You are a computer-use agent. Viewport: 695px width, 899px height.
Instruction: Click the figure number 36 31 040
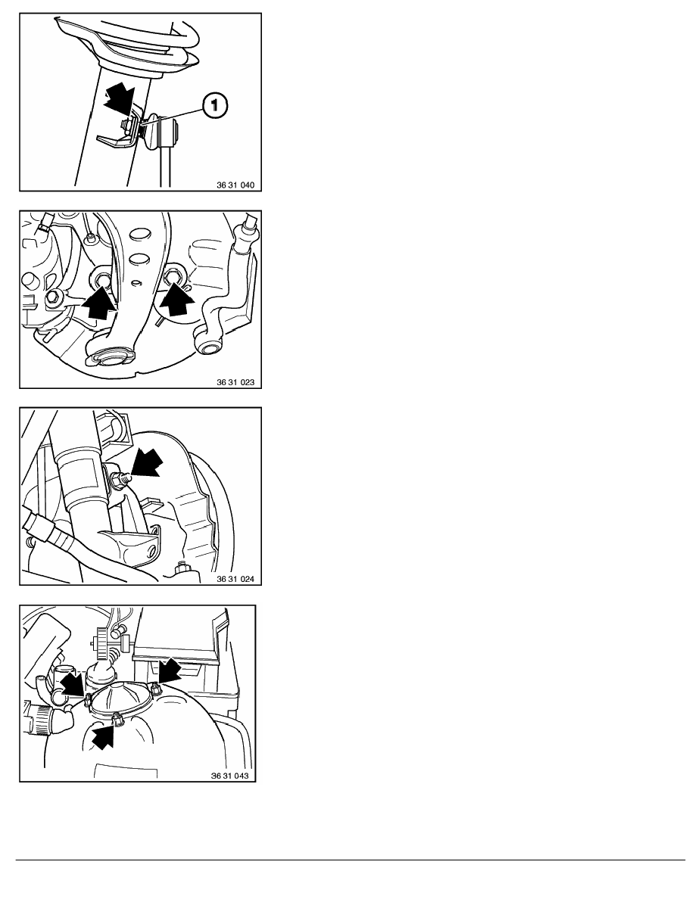click(x=235, y=185)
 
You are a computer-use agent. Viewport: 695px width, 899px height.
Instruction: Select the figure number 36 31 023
click(x=235, y=382)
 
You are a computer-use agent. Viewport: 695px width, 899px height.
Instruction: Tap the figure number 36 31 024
click(x=235, y=579)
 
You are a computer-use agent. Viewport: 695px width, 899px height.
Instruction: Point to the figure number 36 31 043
click(x=230, y=776)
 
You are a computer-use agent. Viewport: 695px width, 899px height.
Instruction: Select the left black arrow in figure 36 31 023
click(x=98, y=303)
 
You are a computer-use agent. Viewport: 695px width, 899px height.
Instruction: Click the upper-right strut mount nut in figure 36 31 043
click(x=155, y=688)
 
